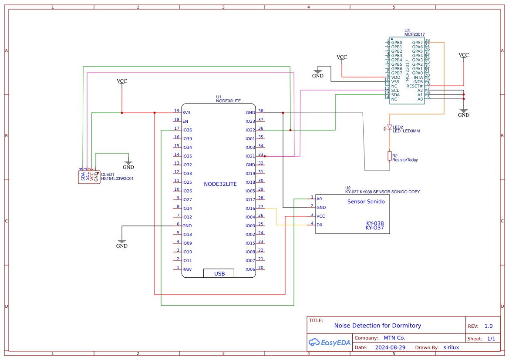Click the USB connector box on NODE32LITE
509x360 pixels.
219,273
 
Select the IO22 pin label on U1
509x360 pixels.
250,130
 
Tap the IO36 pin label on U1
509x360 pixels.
187,130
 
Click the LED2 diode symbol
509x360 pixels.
390,128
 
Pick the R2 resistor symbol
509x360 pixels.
390,156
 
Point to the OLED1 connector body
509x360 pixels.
89,177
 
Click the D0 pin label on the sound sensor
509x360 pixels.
319,225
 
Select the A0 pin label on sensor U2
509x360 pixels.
319,199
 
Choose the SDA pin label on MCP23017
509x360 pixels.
395,95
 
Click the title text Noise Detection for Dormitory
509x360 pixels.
378,326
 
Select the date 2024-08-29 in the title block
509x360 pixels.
390,347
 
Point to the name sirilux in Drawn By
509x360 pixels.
451,347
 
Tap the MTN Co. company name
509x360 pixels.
394,338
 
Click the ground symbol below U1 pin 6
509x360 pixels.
122,242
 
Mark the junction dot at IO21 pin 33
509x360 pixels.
265,156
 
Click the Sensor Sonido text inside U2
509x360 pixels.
366,202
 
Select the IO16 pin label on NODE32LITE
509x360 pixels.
250,209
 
